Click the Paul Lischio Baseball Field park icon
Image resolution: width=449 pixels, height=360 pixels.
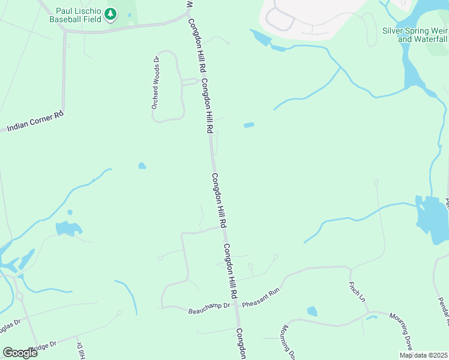tap(110, 14)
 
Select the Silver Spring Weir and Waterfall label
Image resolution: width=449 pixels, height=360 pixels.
tap(414, 35)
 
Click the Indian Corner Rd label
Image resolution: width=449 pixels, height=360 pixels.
tap(35, 121)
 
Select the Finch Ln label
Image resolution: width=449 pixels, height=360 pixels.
tap(356, 290)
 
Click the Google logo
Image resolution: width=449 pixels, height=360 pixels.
tap(19, 352)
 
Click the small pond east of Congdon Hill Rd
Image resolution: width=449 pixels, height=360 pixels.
tap(249, 125)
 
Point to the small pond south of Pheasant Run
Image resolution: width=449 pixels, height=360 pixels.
tap(312, 311)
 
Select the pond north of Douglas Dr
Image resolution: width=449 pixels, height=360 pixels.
tap(67, 228)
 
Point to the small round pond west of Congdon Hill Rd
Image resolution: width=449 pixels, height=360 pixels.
tap(142, 166)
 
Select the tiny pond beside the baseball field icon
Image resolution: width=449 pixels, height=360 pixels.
tap(128, 15)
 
